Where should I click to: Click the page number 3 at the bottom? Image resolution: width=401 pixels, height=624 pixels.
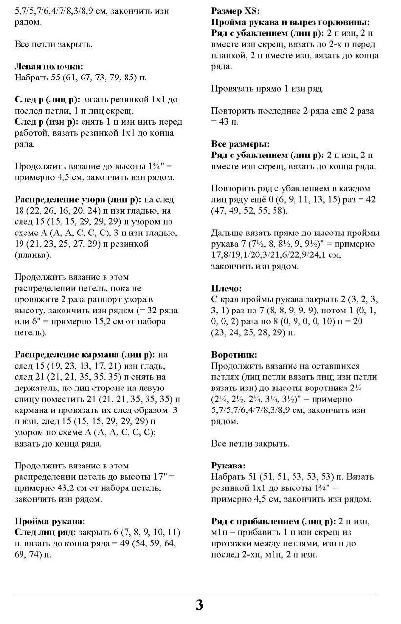tap(199, 605)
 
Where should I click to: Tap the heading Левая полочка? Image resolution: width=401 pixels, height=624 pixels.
tap(49, 66)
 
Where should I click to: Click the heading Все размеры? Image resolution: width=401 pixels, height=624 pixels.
tap(240, 144)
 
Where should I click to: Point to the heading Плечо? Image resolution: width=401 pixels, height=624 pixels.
tap(227, 288)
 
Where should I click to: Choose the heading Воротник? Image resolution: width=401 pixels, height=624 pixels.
tap(234, 355)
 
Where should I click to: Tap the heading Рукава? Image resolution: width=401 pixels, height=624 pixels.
tap(229, 466)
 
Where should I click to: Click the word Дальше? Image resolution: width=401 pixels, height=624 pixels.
tap(227, 233)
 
